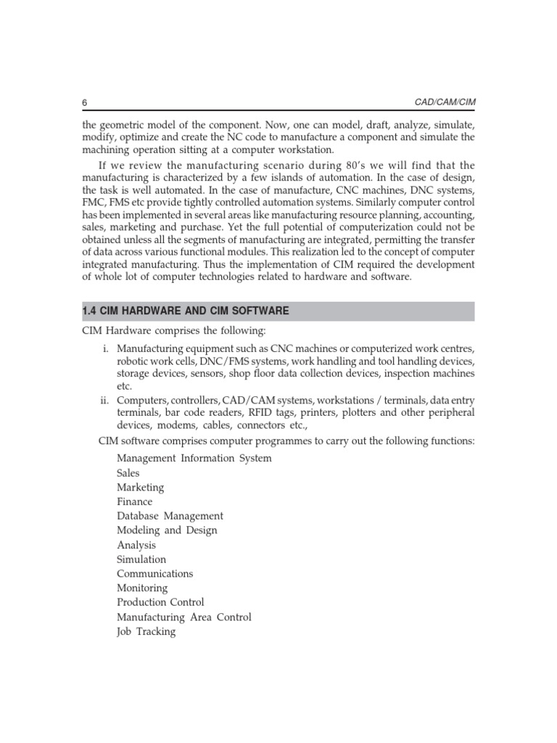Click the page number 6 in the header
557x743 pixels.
click(x=84, y=102)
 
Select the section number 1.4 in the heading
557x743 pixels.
click(x=90, y=311)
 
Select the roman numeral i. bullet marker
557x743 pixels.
click(x=105, y=348)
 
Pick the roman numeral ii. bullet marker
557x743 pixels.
click(x=104, y=401)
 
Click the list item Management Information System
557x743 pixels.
click(x=194, y=458)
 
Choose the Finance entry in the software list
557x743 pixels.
click(x=134, y=501)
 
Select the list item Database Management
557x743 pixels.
click(x=170, y=516)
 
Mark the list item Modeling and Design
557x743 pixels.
click(x=167, y=530)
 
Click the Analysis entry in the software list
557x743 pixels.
click(x=136, y=545)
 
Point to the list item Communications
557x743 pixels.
click(x=154, y=573)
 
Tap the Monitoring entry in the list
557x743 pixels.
click(x=141, y=588)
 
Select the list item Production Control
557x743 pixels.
click(x=160, y=602)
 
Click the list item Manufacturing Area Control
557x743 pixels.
click(x=183, y=617)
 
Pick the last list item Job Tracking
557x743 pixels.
click(x=146, y=631)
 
